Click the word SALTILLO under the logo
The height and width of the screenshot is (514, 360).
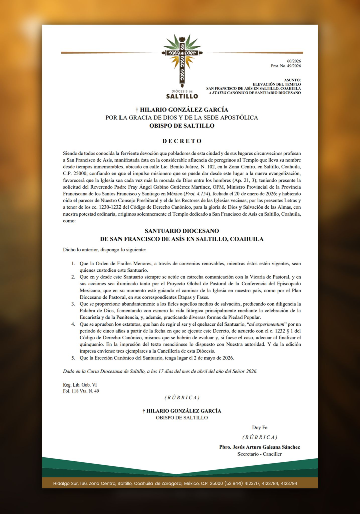pos(182,96)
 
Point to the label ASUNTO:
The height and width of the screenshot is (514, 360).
pos(292,80)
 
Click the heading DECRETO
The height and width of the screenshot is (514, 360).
pos(182,141)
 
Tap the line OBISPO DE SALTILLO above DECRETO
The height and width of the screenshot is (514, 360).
pos(182,126)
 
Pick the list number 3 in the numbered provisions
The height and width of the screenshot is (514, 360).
pos(73,304)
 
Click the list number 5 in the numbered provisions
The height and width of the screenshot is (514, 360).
pos(73,358)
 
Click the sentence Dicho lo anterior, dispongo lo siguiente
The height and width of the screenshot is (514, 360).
pos(104,249)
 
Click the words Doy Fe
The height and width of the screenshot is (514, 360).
pos(260,427)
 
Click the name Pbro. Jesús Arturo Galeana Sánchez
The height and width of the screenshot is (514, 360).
pos(260,447)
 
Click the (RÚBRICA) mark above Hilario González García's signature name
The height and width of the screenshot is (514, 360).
pos(182,398)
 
